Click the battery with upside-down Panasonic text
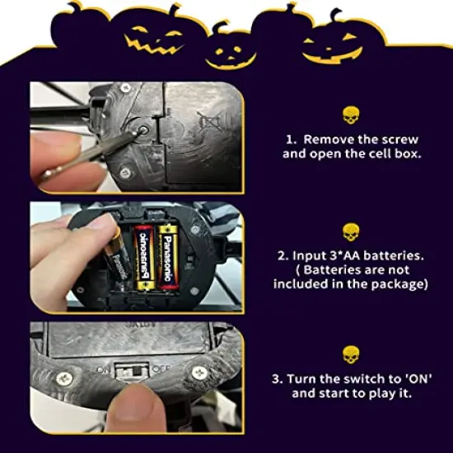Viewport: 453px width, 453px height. [143, 259]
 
